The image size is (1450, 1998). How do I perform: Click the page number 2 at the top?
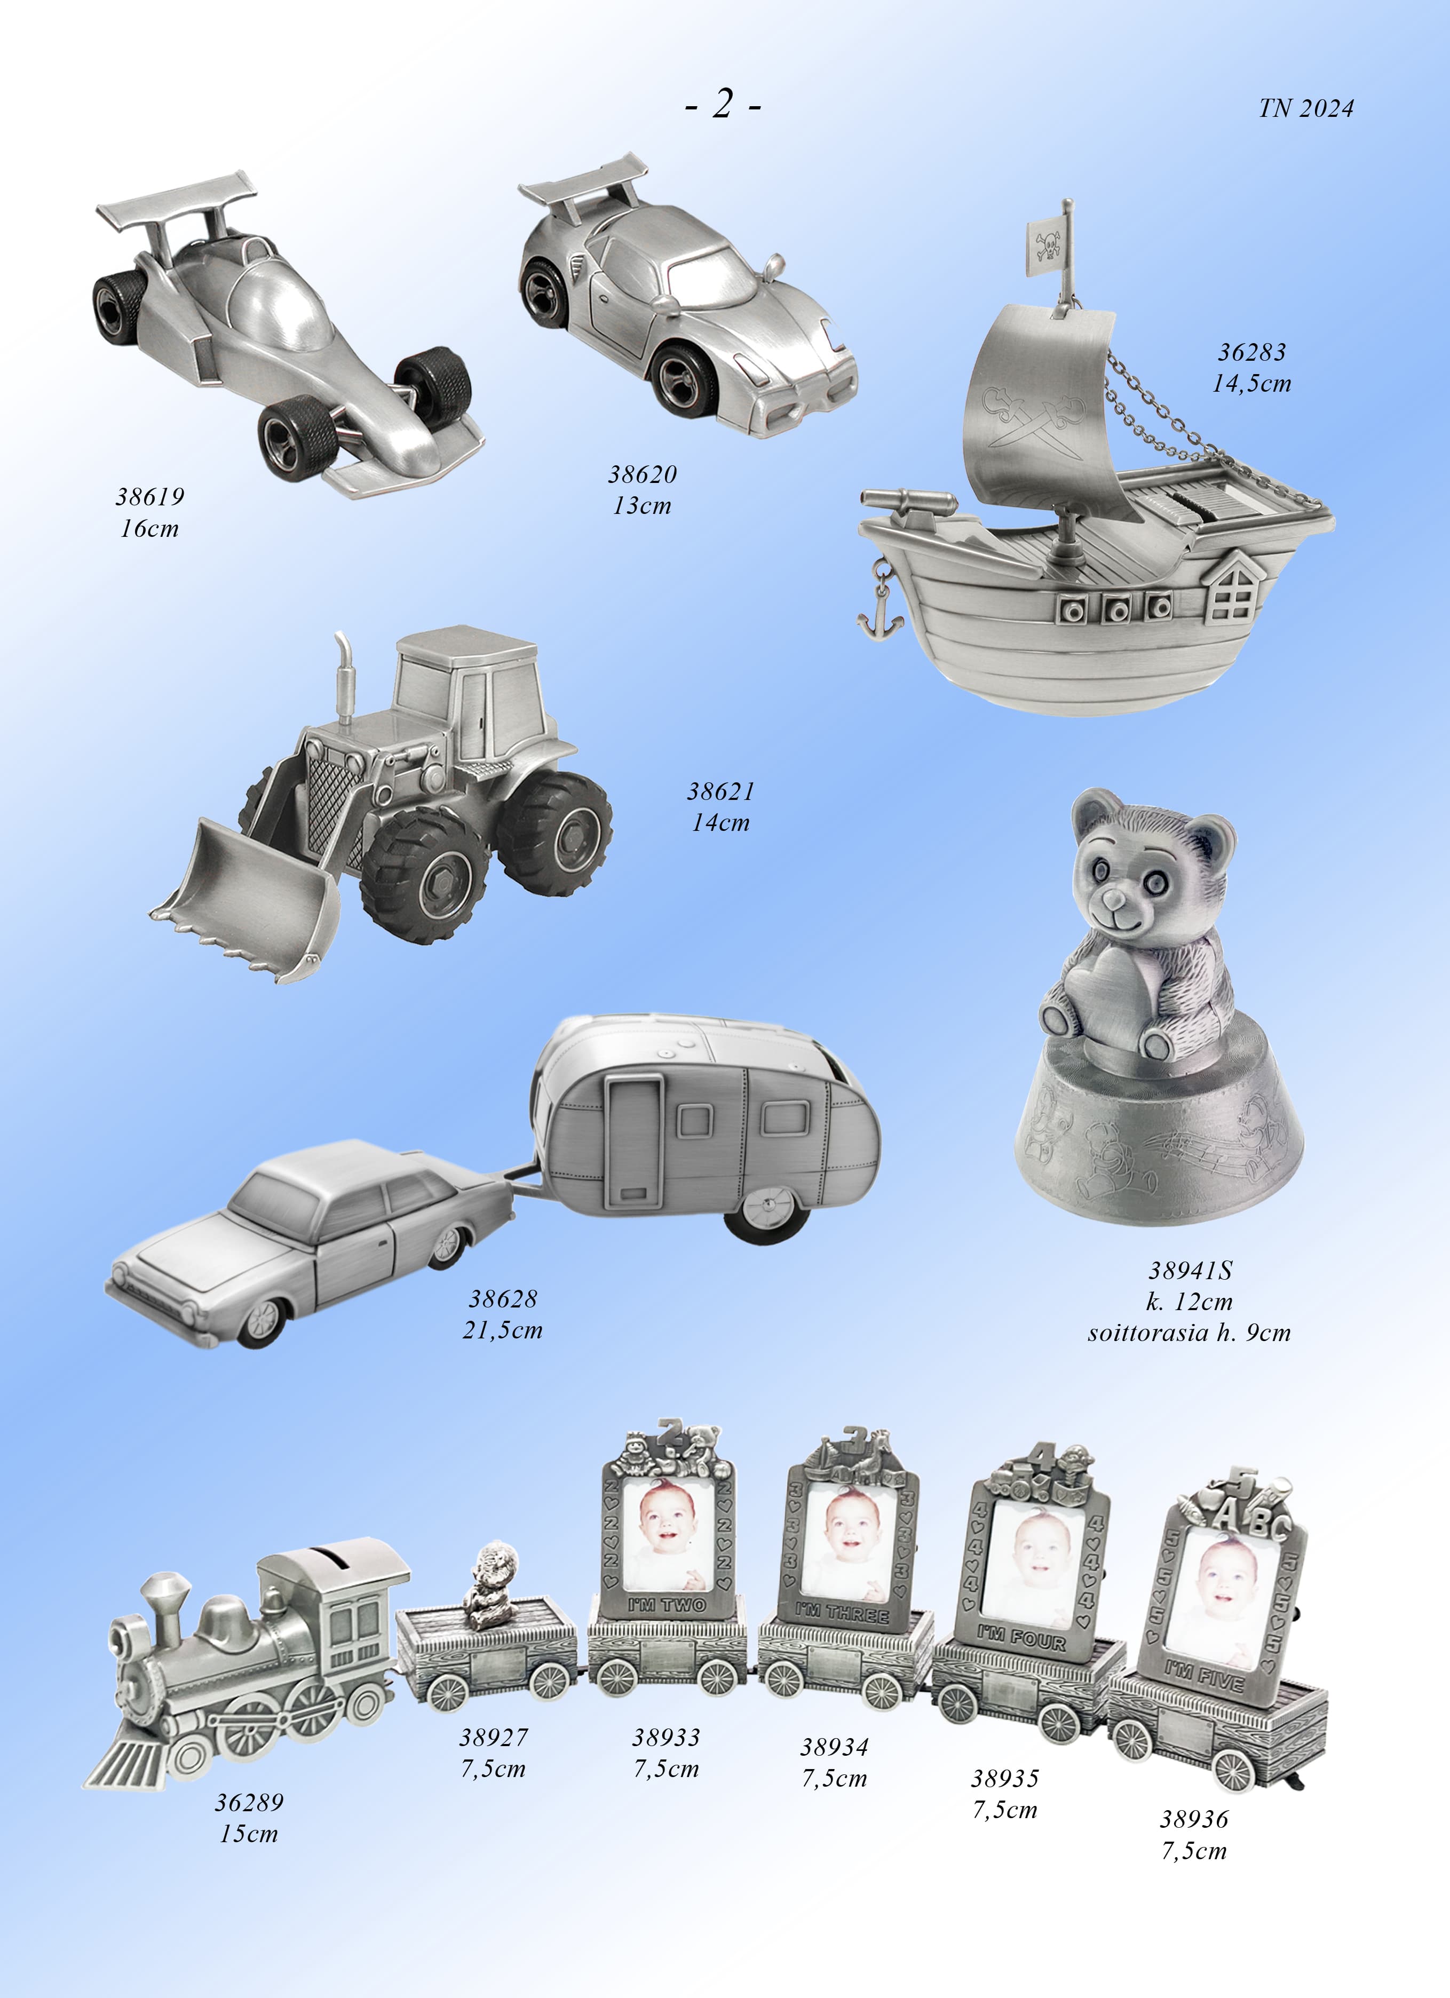pos(723,104)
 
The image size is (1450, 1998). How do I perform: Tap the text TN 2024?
pos(1305,108)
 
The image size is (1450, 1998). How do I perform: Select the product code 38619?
pos(150,497)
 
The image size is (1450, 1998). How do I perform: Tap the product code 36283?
pos(1252,352)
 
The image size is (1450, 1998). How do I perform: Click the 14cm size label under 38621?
pos(720,823)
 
